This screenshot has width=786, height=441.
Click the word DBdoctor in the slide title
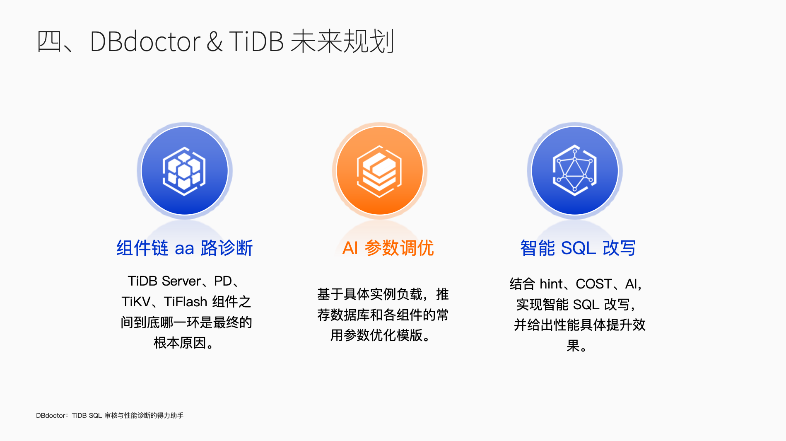click(145, 41)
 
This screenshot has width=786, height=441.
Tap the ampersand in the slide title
click(215, 41)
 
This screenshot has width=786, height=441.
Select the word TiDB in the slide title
click(256, 41)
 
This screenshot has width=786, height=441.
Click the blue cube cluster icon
click(185, 171)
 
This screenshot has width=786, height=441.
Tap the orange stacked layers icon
click(380, 171)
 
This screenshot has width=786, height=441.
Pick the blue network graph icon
click(575, 170)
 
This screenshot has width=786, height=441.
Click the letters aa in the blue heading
click(184, 249)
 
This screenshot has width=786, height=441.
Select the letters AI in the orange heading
click(350, 248)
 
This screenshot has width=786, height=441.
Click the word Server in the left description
click(181, 281)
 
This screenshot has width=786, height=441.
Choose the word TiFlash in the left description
click(186, 302)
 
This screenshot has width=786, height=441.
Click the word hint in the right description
click(551, 284)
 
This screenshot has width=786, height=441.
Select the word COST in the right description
click(594, 284)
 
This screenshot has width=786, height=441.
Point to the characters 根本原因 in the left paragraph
click(180, 343)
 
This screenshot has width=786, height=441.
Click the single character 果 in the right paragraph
click(573, 345)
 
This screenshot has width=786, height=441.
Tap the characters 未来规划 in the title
click(342, 41)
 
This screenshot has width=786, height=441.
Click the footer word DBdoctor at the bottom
click(51, 415)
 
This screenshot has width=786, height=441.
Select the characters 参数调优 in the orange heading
click(399, 248)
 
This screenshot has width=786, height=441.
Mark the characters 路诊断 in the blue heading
click(227, 248)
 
